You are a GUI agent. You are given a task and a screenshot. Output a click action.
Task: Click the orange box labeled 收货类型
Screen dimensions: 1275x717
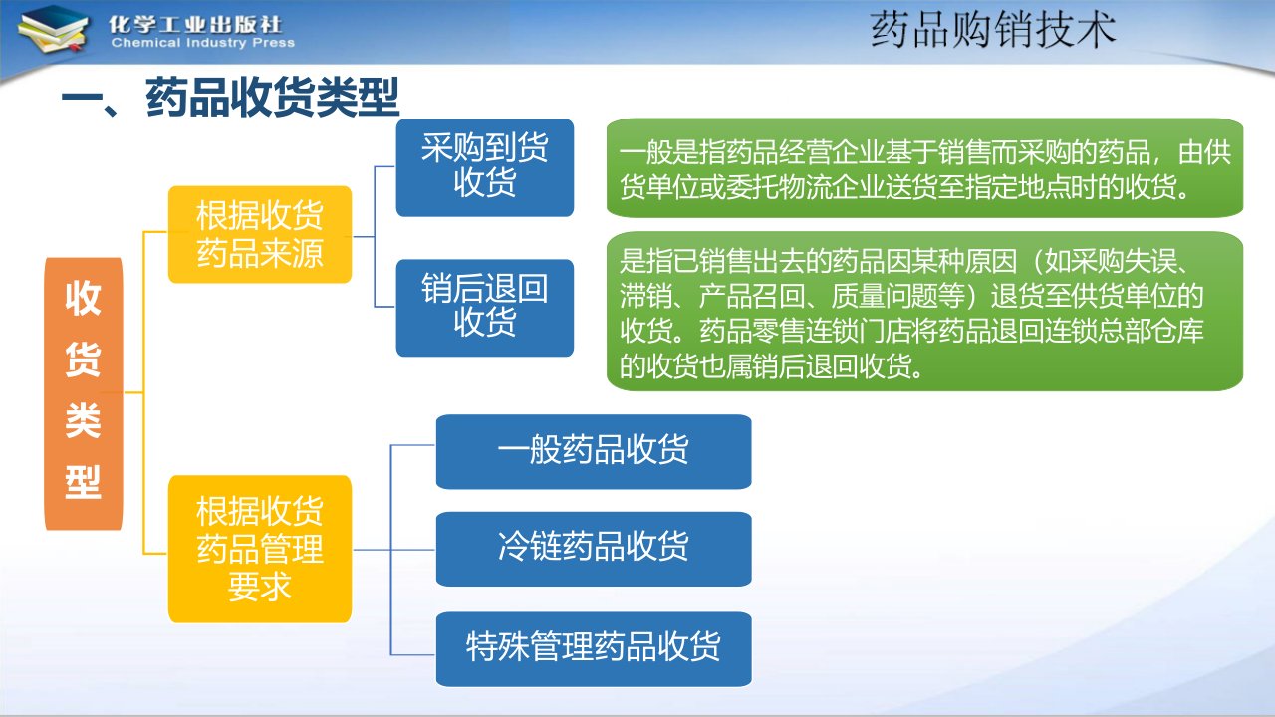click(84, 393)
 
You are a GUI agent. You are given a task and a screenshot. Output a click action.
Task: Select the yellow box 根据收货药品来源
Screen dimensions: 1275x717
click(260, 234)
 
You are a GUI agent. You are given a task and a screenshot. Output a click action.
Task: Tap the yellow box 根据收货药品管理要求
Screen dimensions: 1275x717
click(260, 549)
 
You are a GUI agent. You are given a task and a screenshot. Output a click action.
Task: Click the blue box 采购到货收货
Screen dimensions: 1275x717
click(485, 168)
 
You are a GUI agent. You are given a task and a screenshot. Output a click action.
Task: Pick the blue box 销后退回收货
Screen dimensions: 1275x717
click(485, 308)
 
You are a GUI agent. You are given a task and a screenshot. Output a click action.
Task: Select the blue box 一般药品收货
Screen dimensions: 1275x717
click(594, 452)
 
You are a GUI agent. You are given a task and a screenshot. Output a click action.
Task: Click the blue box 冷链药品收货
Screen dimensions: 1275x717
click(594, 549)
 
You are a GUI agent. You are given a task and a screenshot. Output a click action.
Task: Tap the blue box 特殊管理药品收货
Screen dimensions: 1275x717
click(594, 649)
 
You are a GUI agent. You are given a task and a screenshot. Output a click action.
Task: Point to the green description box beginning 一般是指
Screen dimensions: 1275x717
click(925, 168)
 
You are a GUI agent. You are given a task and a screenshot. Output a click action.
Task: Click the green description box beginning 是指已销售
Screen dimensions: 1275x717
click(925, 312)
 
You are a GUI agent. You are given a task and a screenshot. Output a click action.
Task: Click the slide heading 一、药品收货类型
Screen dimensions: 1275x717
click(230, 98)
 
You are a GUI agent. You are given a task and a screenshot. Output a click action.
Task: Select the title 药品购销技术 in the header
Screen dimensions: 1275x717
click(993, 30)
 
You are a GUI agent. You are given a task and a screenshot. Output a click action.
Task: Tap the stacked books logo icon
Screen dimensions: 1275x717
click(53, 30)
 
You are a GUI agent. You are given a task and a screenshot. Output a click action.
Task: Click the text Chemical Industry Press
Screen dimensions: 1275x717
click(203, 43)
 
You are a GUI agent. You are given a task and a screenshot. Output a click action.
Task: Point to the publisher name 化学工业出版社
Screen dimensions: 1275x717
click(195, 25)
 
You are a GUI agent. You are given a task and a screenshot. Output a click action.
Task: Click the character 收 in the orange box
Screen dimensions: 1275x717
click(83, 298)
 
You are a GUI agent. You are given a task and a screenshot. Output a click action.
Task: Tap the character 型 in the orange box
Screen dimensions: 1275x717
click(83, 481)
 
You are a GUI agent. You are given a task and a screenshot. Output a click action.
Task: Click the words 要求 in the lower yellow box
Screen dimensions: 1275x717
click(260, 587)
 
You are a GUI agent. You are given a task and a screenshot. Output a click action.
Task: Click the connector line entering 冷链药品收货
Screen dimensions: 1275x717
click(393, 550)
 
